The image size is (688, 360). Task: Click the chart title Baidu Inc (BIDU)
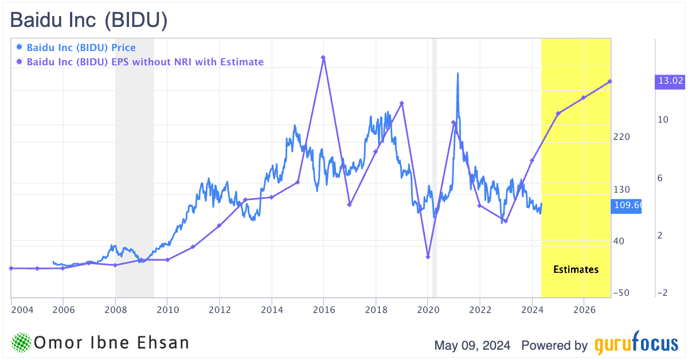(89, 21)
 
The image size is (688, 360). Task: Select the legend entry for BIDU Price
(81, 48)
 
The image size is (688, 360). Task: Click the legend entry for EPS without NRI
(145, 61)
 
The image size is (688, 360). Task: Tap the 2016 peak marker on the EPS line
(323, 57)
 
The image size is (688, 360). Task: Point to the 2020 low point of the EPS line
(428, 256)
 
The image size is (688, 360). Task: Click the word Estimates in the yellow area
(576, 269)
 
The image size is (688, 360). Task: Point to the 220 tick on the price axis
(621, 137)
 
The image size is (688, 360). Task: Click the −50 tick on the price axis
(621, 293)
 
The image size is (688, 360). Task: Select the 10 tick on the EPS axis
(663, 120)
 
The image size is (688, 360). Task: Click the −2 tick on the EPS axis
(663, 293)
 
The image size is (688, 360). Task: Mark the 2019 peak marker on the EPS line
(402, 103)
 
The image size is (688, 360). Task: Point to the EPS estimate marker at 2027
(610, 81)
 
